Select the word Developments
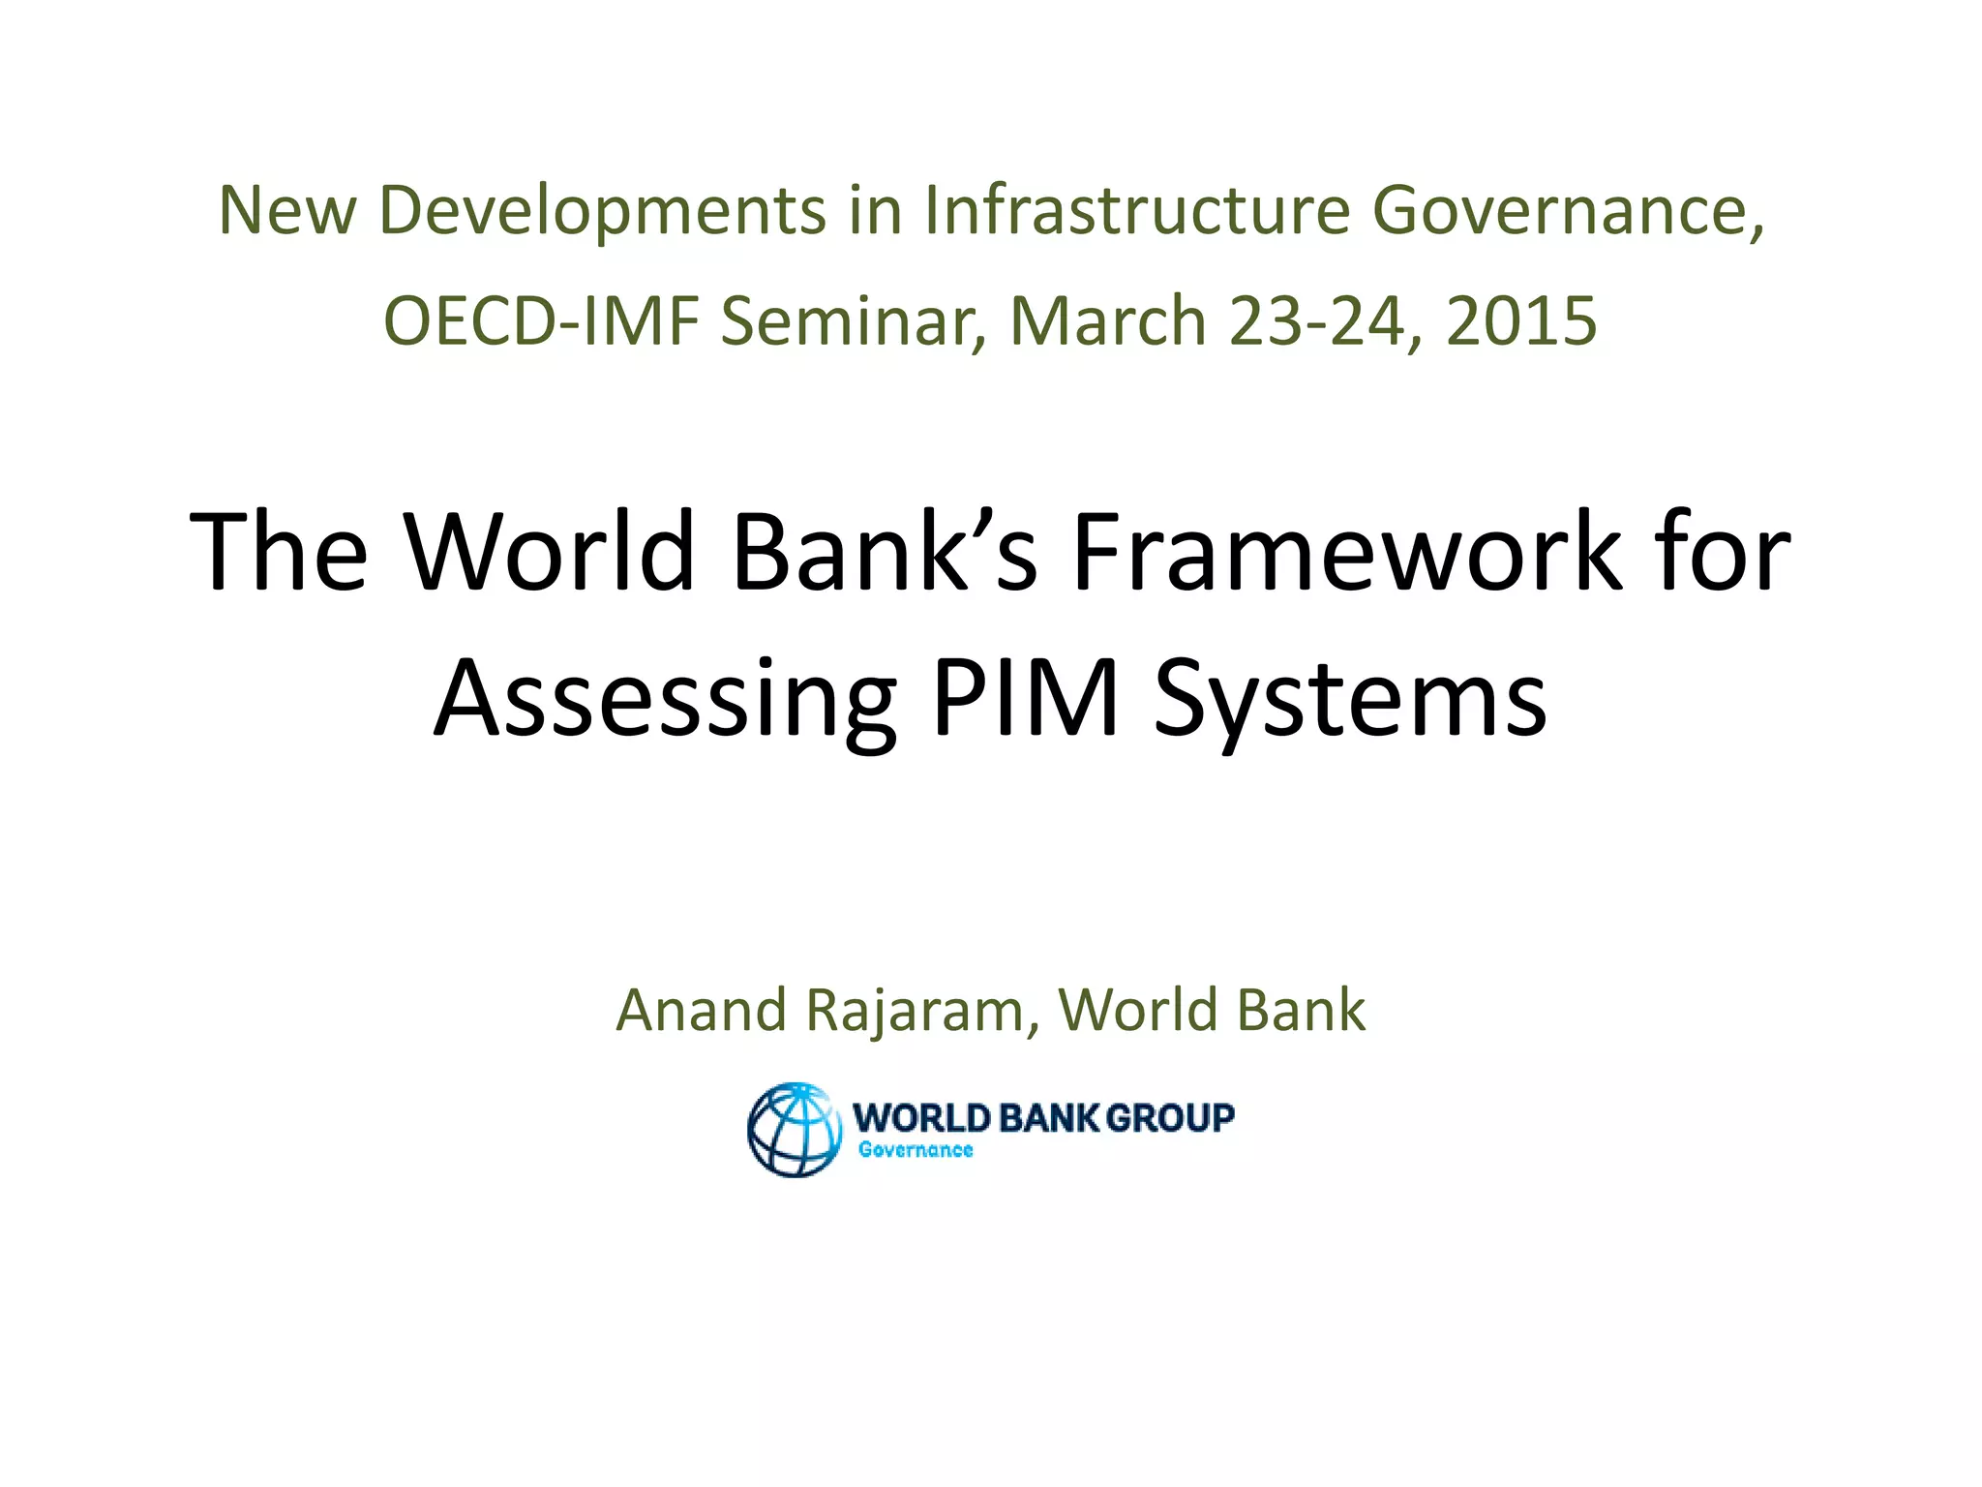tap(603, 211)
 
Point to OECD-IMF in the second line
tap(541, 320)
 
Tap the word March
tap(1107, 320)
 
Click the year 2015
tap(1521, 320)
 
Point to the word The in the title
tap(280, 551)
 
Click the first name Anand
tap(702, 1010)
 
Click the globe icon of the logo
tap(794, 1130)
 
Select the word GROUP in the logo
tap(1169, 1117)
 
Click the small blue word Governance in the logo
tap(916, 1150)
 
